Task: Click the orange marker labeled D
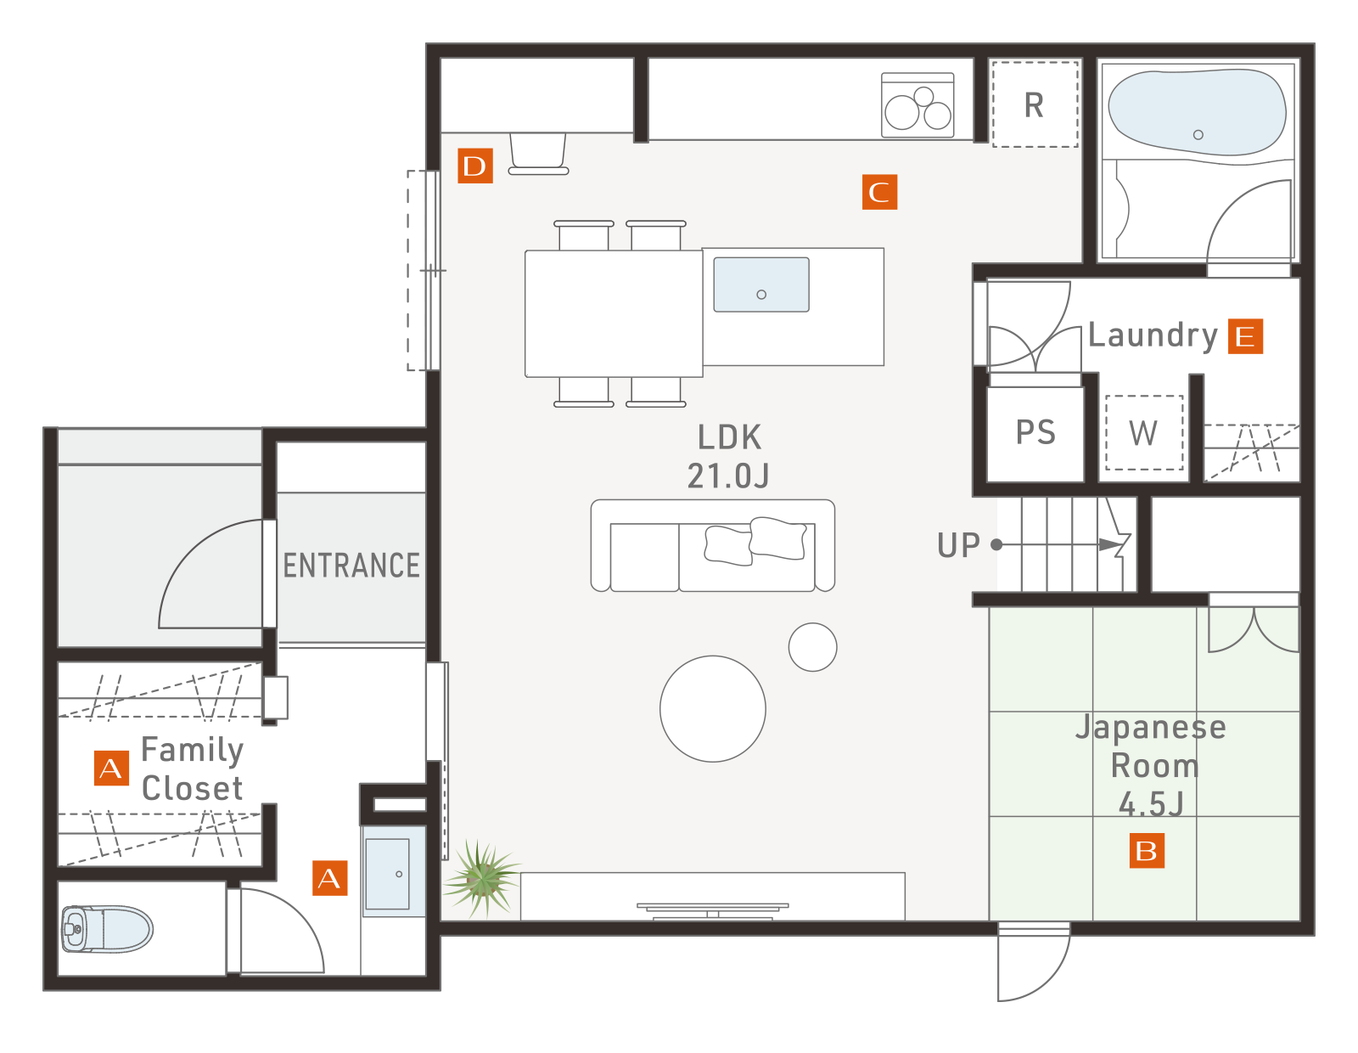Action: click(475, 166)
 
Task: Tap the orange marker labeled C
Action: click(879, 192)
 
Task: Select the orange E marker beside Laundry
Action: click(1245, 336)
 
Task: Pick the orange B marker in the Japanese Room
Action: click(1146, 850)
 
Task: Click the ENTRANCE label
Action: click(351, 566)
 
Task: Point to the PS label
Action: click(1035, 432)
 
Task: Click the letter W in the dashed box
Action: click(1143, 433)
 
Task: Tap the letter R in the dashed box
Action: click(1035, 105)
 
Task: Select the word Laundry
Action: click(1153, 336)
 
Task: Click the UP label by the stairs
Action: click(958, 545)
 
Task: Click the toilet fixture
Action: click(107, 928)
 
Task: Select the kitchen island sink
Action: click(761, 284)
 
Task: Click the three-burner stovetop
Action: click(917, 105)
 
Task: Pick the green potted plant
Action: click(481, 879)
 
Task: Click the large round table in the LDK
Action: click(712, 708)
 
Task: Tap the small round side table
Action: click(812, 647)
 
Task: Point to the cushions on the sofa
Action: click(755, 541)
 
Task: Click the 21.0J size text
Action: click(728, 476)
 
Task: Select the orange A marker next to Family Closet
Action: click(111, 768)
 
